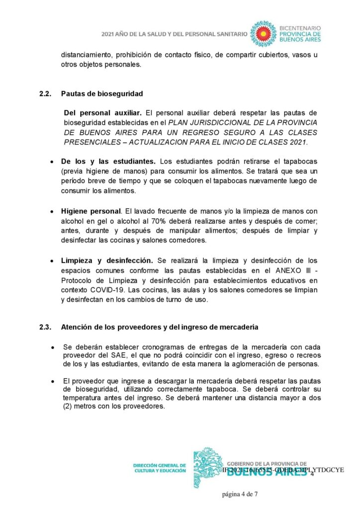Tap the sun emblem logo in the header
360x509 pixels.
(263, 33)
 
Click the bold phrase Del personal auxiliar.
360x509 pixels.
(102, 113)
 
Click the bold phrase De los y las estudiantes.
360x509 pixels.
(108, 162)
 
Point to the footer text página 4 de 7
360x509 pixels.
(240, 494)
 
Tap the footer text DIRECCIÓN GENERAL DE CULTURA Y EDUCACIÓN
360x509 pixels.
(160, 468)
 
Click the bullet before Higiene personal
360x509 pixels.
(53, 211)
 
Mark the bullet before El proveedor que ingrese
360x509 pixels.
(53, 380)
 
